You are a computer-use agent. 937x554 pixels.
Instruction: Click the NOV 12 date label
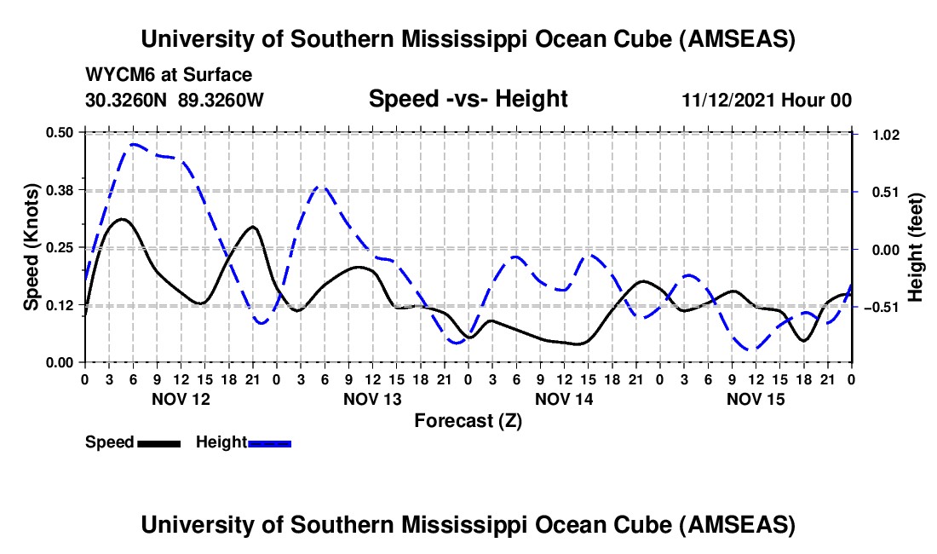point(181,399)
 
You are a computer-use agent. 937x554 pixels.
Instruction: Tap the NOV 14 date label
point(564,399)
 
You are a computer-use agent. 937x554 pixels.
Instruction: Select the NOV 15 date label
point(756,399)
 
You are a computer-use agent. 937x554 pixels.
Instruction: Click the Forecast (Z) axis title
point(468,420)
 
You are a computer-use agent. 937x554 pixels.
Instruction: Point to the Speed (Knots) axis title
point(31,247)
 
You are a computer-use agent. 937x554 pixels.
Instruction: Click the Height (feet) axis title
point(916,247)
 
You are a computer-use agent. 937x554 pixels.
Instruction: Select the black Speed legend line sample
point(158,442)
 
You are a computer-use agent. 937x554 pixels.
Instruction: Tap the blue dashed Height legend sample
point(269,442)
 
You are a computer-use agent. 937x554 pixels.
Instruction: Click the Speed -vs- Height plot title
point(468,99)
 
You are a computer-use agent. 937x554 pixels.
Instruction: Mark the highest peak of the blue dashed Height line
point(135,145)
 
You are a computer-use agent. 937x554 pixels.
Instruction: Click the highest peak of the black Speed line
point(123,219)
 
